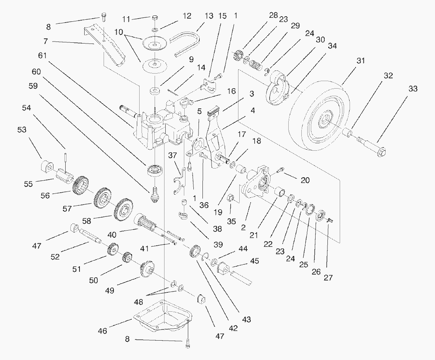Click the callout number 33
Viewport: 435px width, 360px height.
coord(413,89)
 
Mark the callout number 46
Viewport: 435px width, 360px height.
coord(102,331)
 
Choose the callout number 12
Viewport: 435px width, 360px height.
coord(187,16)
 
